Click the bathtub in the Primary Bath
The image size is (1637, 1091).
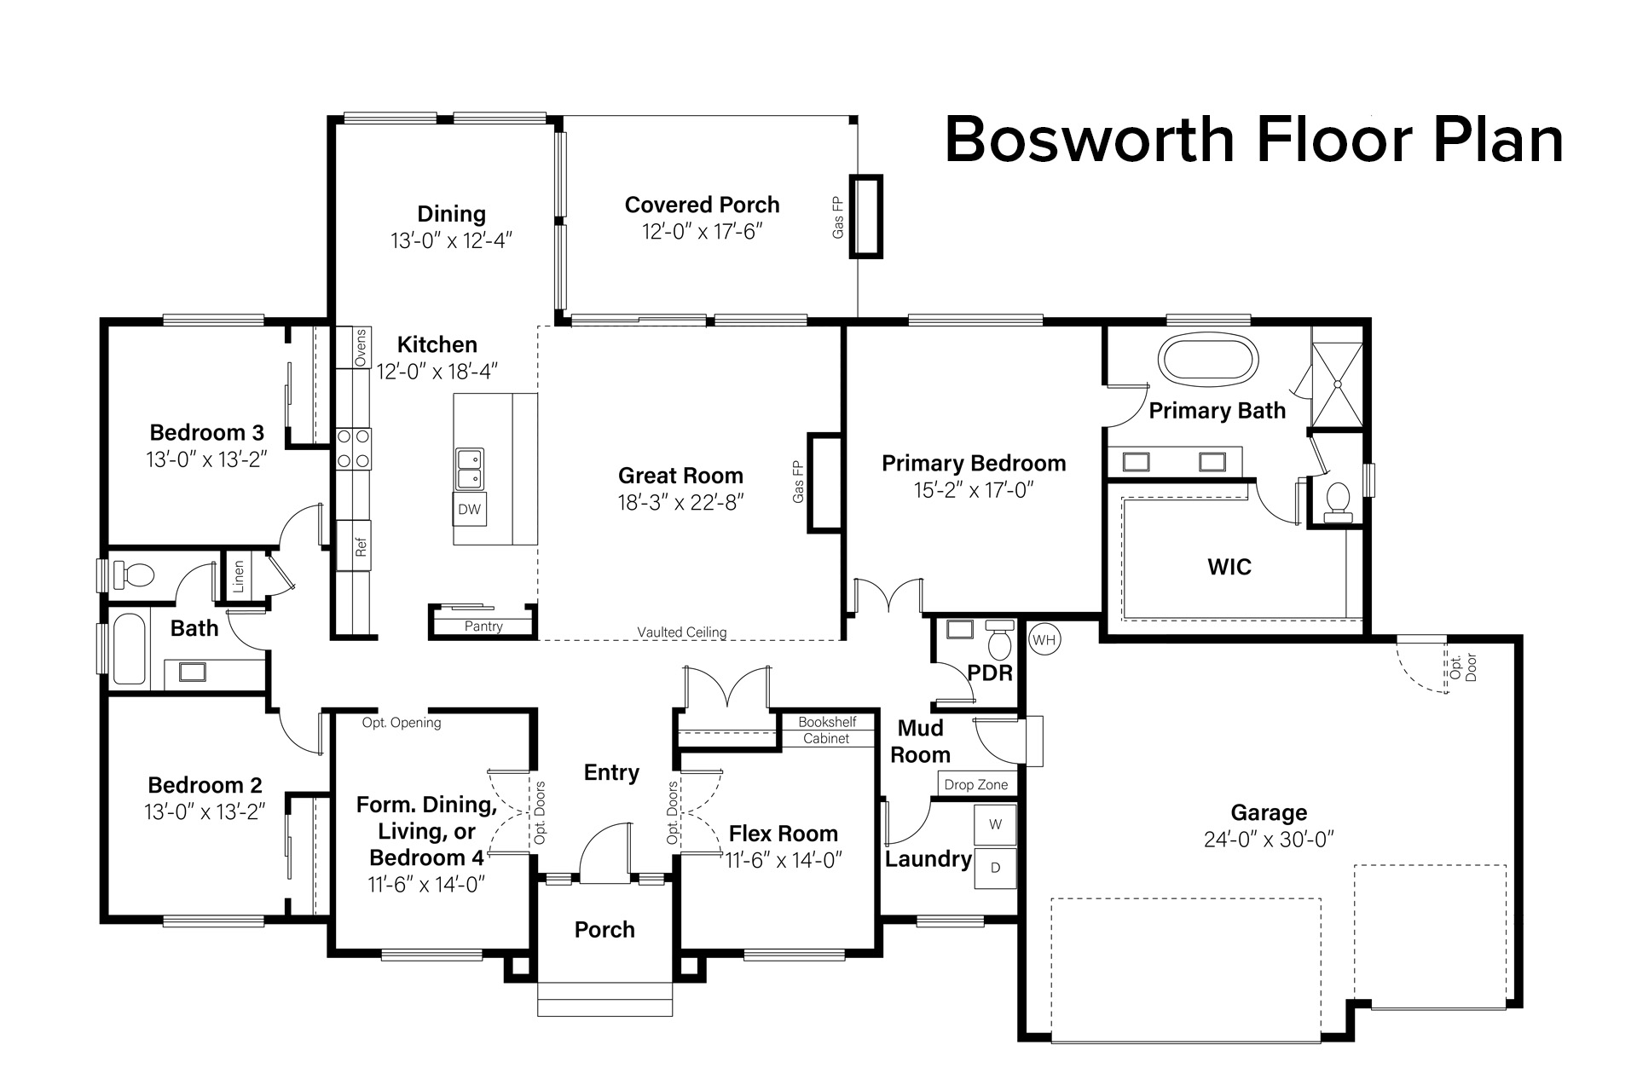click(x=1208, y=361)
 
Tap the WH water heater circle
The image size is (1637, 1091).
click(x=1044, y=639)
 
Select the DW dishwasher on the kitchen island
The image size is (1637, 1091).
click(x=470, y=510)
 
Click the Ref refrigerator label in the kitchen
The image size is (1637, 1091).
click(x=361, y=546)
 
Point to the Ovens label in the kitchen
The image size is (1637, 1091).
click(x=361, y=348)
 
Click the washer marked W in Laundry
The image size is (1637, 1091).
click(x=995, y=824)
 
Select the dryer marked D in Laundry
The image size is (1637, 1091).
click(x=995, y=868)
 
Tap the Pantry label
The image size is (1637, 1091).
click(x=483, y=626)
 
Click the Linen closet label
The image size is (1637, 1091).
click(x=239, y=575)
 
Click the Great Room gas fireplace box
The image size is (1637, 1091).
click(x=824, y=483)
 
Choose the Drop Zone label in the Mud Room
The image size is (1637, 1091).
click(x=975, y=785)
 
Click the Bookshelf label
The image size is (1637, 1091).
click(x=827, y=722)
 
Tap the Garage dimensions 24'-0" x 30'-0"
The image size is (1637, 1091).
click(x=1269, y=840)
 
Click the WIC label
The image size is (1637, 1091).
click(x=1229, y=567)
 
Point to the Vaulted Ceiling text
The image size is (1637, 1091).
click(x=682, y=632)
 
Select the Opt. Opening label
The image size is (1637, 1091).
click(x=402, y=723)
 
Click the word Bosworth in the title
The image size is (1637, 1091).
click(x=1090, y=140)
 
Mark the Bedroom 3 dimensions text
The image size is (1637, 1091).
click(x=206, y=459)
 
